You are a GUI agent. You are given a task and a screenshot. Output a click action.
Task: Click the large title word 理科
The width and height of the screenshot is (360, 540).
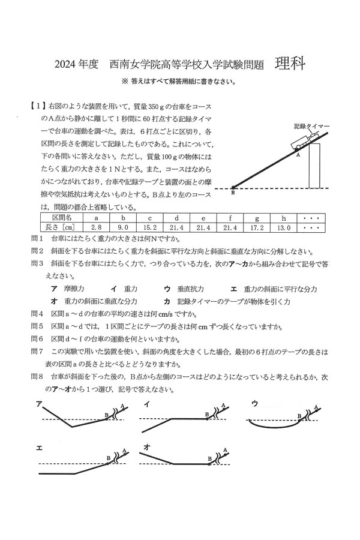(290, 63)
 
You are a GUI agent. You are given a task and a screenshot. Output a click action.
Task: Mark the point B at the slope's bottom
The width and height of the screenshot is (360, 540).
(233, 192)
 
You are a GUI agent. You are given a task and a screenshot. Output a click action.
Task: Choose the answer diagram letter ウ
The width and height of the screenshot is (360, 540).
(254, 403)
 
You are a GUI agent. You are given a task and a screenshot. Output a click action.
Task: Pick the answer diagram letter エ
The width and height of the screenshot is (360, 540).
(39, 447)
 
